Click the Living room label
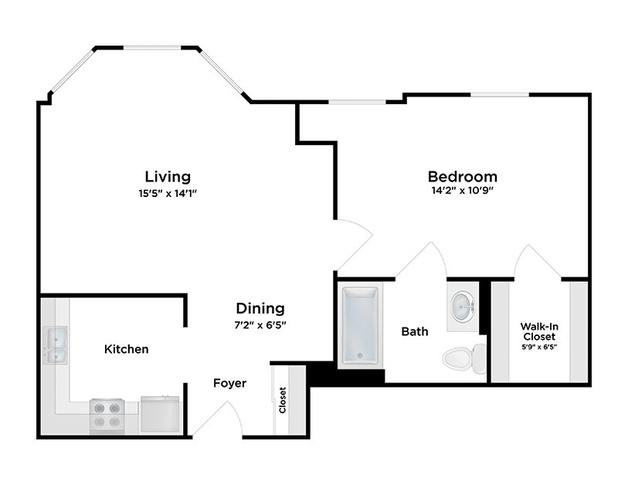tap(168, 177)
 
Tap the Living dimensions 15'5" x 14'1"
tap(168, 193)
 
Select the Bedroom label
tap(463, 176)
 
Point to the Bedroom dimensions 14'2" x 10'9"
tap(463, 191)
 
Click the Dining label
tap(260, 308)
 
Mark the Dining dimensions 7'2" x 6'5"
tap(260, 324)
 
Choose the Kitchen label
tap(126, 349)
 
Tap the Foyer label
tap(229, 383)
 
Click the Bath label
tap(415, 331)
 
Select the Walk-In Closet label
tap(538, 331)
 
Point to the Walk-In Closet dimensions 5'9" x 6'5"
tap(538, 347)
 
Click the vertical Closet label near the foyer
tap(283, 399)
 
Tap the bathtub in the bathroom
tap(359, 324)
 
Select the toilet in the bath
tap(462, 357)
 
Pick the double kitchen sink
tap(56, 345)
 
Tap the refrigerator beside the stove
tap(161, 415)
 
